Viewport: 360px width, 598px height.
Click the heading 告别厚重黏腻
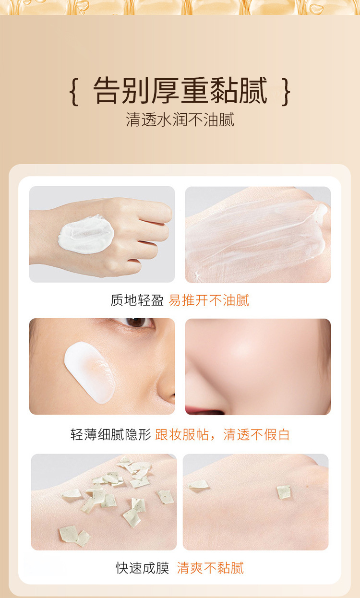click(180, 90)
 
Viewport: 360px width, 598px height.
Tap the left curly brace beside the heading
click(74, 91)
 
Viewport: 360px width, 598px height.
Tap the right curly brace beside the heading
click(286, 91)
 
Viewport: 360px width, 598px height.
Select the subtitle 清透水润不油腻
click(180, 120)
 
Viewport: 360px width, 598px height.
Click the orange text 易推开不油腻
click(209, 300)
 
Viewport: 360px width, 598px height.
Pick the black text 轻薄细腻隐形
click(110, 435)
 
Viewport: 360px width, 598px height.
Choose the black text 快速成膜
click(143, 568)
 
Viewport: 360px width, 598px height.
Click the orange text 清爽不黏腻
click(210, 568)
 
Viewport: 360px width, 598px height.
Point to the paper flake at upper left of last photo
click(198, 485)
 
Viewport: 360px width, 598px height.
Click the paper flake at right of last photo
click(284, 491)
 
